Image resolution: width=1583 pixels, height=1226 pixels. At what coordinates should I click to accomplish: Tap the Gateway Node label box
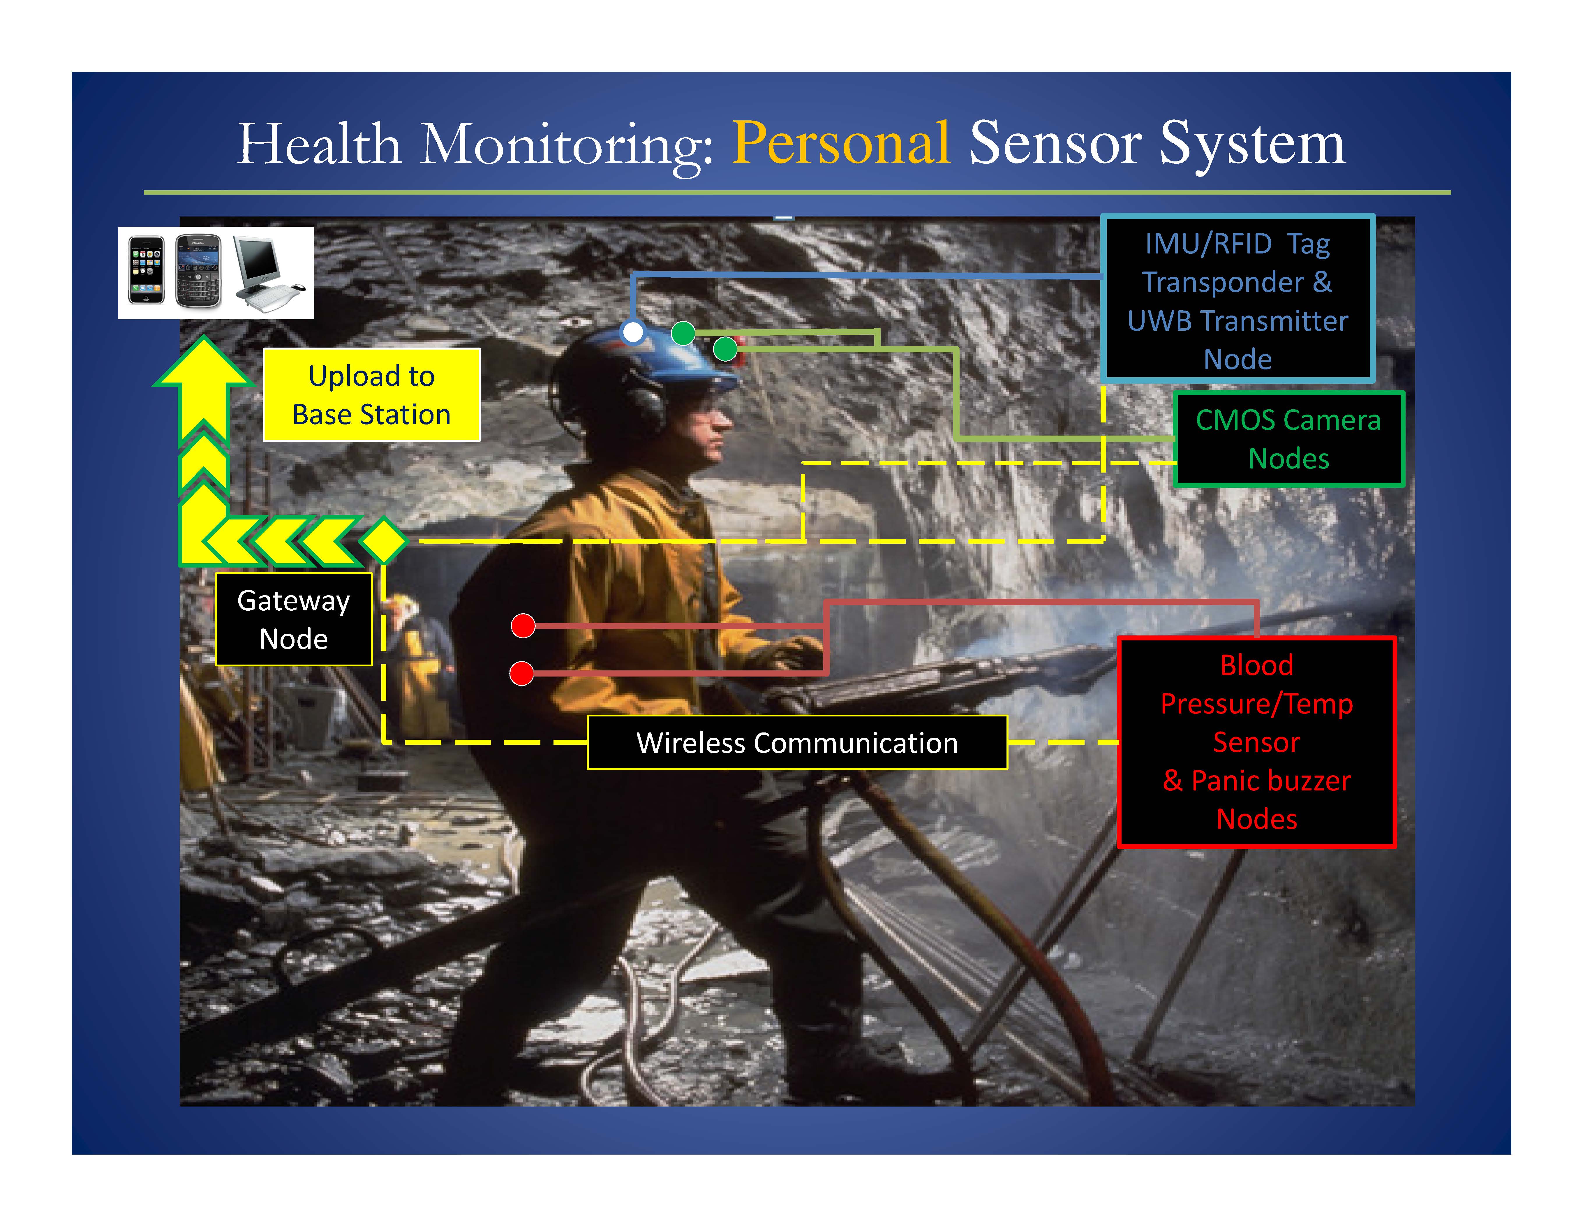pos(294,619)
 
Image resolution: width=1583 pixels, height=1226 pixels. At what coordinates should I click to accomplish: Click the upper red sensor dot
pos(523,625)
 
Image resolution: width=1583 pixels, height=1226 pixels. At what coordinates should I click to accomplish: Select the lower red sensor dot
pos(522,673)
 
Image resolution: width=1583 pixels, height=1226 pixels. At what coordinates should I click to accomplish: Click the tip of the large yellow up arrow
pos(205,337)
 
